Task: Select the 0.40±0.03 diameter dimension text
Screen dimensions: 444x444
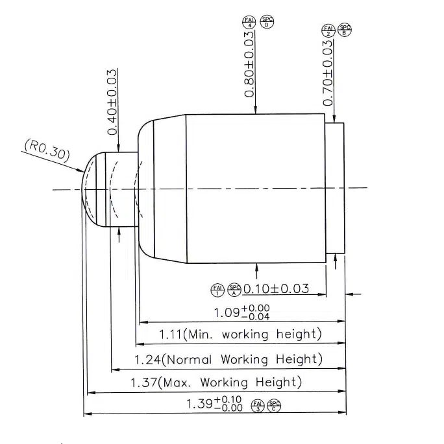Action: [112, 102]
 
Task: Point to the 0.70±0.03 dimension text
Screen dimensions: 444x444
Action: [328, 73]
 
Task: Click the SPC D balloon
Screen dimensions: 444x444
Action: [267, 23]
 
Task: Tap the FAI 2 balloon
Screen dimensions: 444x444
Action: [328, 30]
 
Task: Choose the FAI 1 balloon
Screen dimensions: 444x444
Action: [217, 289]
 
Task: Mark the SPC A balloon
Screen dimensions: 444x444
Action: [234, 289]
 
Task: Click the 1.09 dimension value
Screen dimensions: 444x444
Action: [227, 313]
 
